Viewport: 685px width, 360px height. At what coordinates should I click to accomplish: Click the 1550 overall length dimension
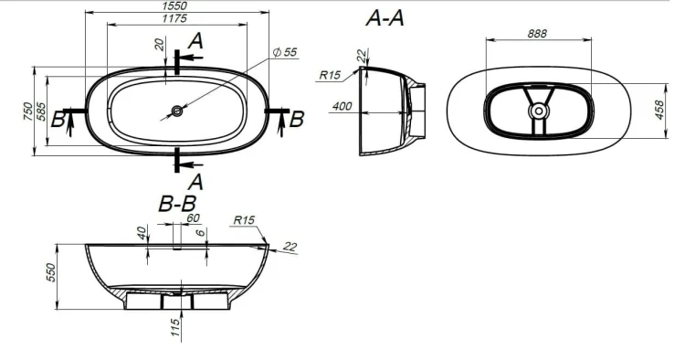pos(174,5)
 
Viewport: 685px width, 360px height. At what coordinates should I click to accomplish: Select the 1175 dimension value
pos(174,18)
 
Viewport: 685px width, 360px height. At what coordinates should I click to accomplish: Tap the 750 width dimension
pos(28,111)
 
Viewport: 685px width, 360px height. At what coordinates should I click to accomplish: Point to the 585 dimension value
pos(40,111)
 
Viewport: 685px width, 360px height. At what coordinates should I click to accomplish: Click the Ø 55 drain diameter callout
pos(285,52)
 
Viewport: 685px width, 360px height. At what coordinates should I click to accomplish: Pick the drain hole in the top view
pos(177,111)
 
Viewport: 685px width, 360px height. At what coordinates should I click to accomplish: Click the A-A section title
pos(385,18)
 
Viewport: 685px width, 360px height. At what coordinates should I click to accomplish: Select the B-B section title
pos(177,204)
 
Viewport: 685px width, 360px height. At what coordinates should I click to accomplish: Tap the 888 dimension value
pos(537,34)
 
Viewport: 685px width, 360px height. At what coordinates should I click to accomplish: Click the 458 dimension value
pos(659,110)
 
